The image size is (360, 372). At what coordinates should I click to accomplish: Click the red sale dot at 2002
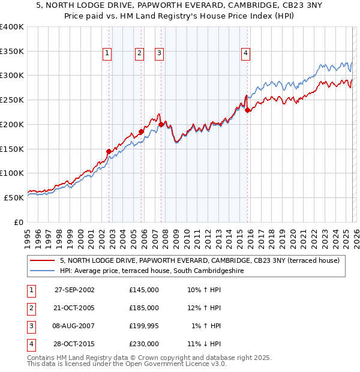[109, 151]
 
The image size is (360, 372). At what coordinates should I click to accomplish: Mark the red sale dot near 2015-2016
[248, 110]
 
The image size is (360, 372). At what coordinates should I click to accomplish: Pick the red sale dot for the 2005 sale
[142, 131]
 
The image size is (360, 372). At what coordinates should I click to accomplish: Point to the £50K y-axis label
[14, 197]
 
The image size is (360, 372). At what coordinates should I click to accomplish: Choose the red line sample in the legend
[43, 260]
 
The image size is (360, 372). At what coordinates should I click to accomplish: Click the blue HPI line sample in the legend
[43, 271]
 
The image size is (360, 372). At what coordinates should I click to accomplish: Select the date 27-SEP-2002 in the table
[74, 290]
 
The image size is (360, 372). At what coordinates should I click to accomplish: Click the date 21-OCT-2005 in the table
[74, 308]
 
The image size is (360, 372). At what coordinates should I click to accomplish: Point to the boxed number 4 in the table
[30, 344]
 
